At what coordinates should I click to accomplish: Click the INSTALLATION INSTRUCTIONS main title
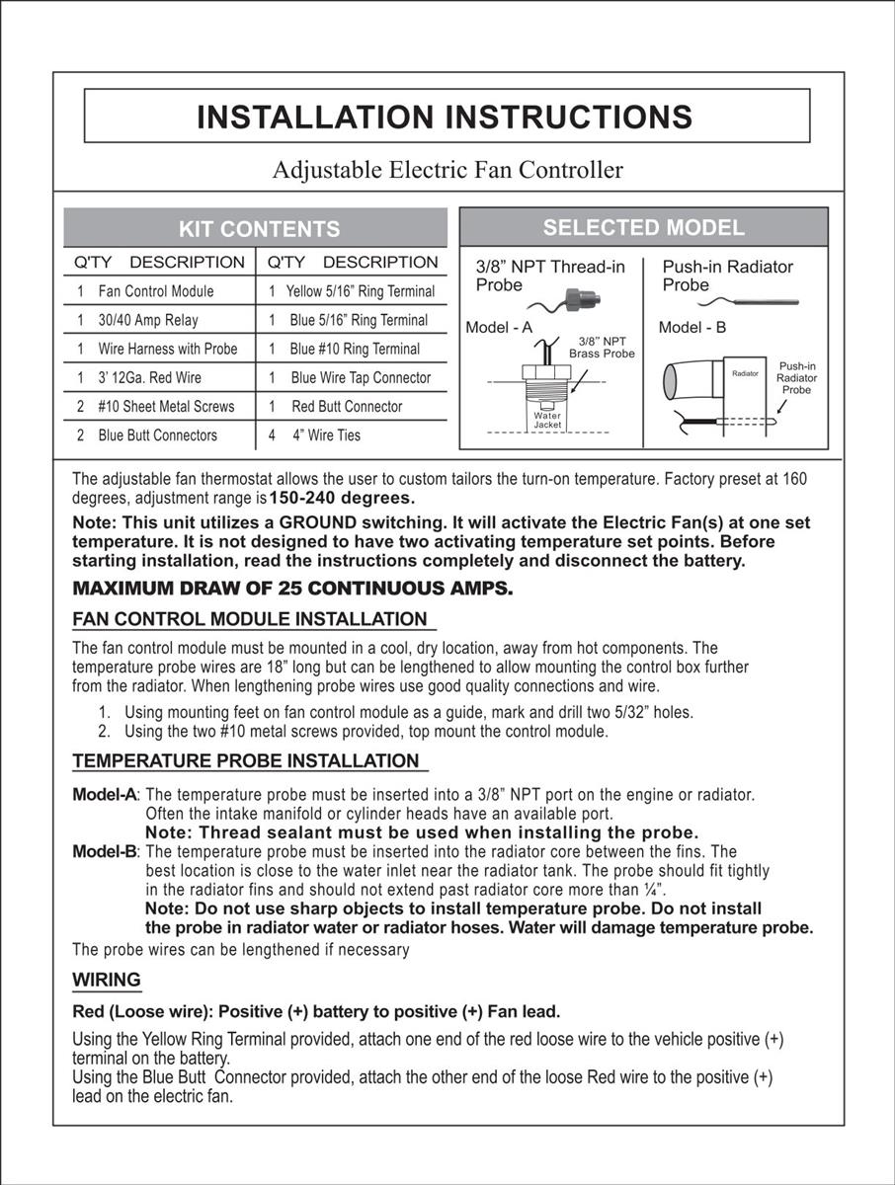(445, 116)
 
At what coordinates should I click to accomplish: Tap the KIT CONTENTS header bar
(259, 229)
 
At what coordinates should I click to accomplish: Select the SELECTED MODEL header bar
(643, 228)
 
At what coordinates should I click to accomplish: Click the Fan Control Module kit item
(155, 291)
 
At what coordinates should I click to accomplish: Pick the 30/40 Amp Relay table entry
(147, 320)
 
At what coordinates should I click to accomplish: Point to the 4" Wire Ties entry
(326, 434)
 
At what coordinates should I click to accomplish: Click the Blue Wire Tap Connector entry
(361, 377)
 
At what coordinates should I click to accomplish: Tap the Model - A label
(499, 328)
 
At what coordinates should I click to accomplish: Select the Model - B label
(692, 328)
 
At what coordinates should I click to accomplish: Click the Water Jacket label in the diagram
(547, 421)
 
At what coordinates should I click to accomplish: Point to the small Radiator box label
(745, 374)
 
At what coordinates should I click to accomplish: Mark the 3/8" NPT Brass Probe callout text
(602, 347)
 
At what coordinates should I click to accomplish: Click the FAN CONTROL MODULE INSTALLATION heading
(250, 619)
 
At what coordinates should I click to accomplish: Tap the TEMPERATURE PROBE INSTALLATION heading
(246, 761)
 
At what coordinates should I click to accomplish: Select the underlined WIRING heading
(107, 980)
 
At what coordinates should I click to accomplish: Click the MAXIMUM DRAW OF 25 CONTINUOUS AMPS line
(292, 590)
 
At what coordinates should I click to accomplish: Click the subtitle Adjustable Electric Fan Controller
(447, 170)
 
